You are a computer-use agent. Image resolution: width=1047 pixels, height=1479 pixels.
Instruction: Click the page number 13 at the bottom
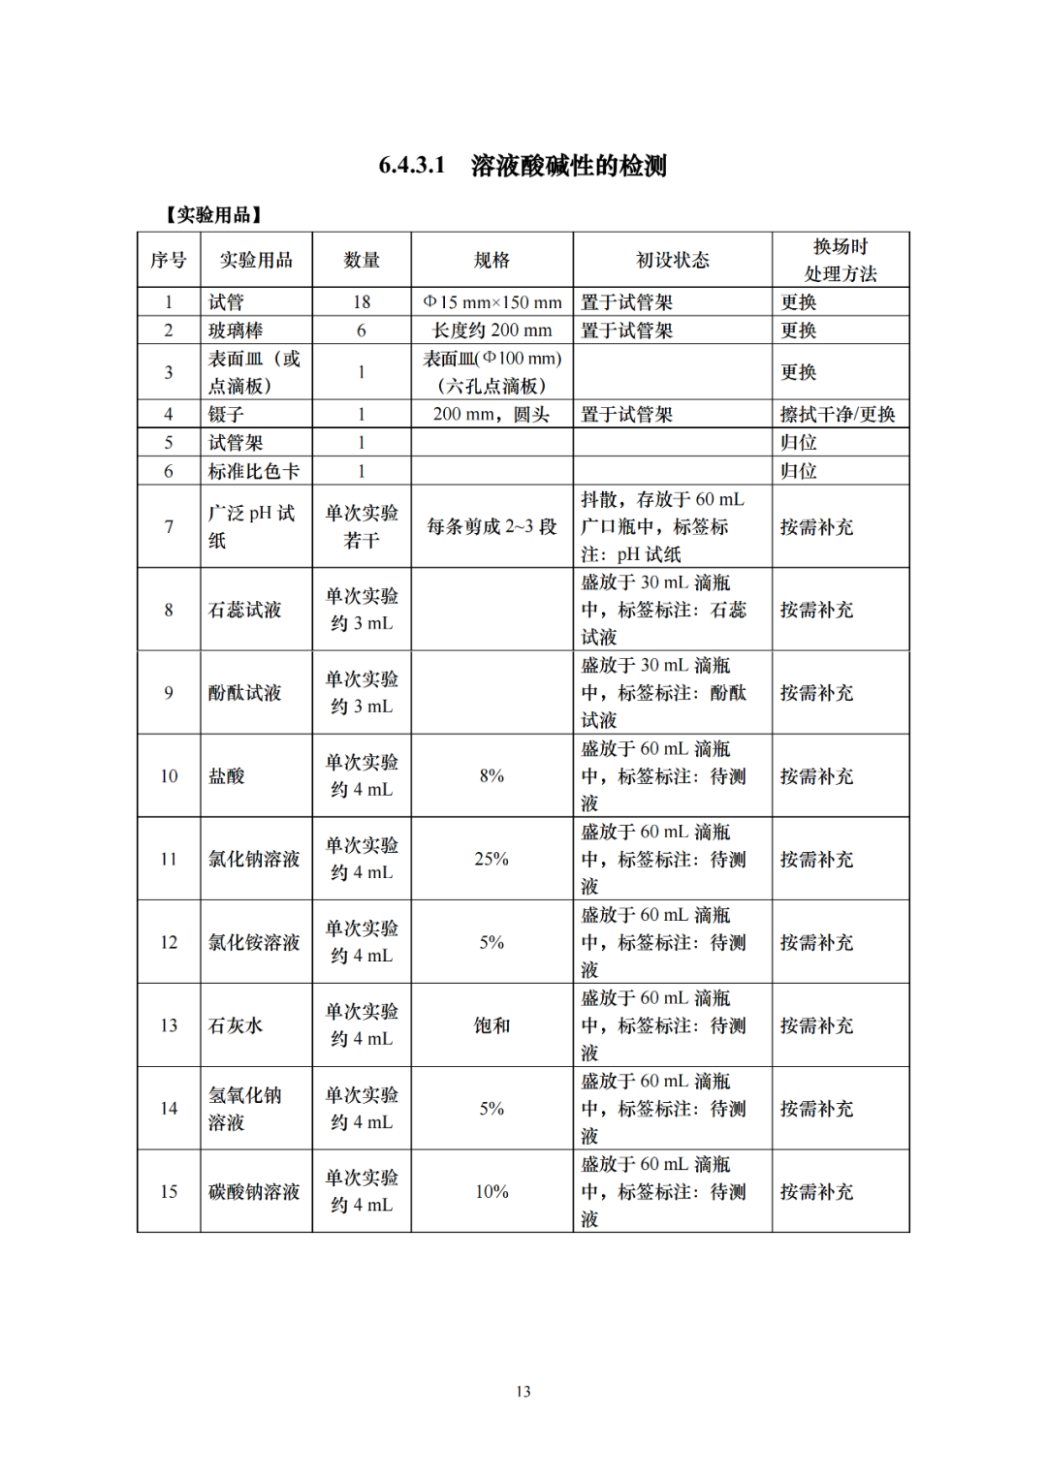click(523, 1392)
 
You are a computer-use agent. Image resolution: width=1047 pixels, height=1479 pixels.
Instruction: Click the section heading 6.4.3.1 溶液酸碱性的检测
click(523, 166)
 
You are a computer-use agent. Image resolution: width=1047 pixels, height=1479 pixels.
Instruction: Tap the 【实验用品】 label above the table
click(213, 214)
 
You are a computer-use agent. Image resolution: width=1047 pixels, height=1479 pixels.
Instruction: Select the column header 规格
click(492, 260)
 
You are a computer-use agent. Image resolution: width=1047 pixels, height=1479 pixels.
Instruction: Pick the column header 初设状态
click(672, 260)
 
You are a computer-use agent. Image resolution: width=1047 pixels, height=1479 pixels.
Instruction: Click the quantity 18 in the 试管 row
click(362, 302)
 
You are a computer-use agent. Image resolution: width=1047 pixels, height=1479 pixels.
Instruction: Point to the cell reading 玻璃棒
click(236, 330)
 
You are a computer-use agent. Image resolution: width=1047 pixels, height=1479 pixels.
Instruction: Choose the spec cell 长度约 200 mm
click(492, 330)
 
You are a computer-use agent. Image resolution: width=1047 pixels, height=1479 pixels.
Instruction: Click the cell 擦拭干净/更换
click(838, 415)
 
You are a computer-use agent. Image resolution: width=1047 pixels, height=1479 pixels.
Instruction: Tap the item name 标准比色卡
click(254, 471)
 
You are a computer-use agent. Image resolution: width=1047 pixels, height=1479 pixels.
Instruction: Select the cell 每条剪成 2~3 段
click(492, 526)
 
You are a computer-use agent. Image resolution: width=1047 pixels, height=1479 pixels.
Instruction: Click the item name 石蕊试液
click(245, 610)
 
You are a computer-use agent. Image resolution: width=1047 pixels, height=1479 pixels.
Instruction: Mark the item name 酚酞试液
click(245, 693)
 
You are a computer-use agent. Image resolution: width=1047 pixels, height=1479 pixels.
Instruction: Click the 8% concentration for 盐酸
click(492, 776)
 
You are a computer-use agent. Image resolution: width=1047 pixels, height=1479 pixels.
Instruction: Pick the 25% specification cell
click(492, 859)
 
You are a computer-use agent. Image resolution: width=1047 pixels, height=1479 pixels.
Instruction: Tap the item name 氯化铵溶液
click(254, 942)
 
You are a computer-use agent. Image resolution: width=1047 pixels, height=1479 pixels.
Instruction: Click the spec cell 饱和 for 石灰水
click(492, 1025)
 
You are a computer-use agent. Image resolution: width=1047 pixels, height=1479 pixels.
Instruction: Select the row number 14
click(169, 1109)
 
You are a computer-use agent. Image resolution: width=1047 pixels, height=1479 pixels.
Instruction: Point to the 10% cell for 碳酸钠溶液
click(492, 1191)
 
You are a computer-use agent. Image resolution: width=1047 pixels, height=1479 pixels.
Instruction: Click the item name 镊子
click(226, 415)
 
